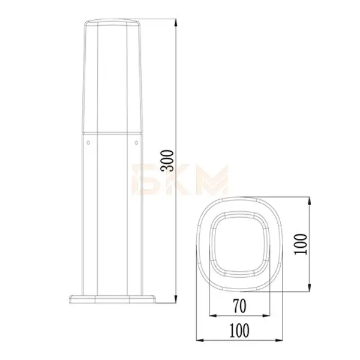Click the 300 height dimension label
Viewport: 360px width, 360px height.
[x=167, y=161]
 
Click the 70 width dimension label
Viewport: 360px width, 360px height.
[x=239, y=306]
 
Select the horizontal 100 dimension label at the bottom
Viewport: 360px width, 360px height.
[x=239, y=330]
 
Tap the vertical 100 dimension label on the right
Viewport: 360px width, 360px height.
[x=301, y=244]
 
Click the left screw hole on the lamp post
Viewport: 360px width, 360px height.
[x=88, y=143]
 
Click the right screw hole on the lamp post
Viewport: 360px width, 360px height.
[x=136, y=143]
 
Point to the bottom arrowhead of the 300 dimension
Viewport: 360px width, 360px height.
[x=176, y=298]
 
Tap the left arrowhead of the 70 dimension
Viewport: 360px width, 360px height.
[x=213, y=316]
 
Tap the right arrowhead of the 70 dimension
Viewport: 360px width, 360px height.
[x=266, y=316]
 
